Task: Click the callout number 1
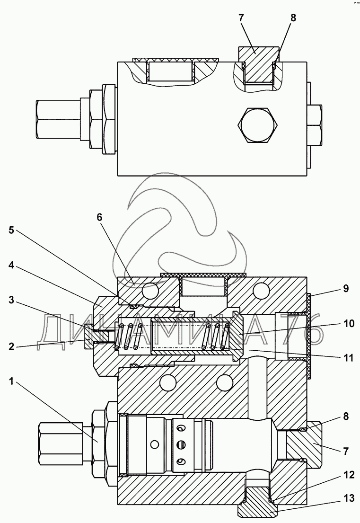pos(11,381)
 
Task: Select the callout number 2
pos(11,346)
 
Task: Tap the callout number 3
pos(11,300)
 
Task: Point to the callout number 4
pos(11,266)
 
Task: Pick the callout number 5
pos(11,230)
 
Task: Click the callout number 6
pos(99,217)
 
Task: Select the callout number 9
pos(346,288)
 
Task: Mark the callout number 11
pos(349,358)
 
